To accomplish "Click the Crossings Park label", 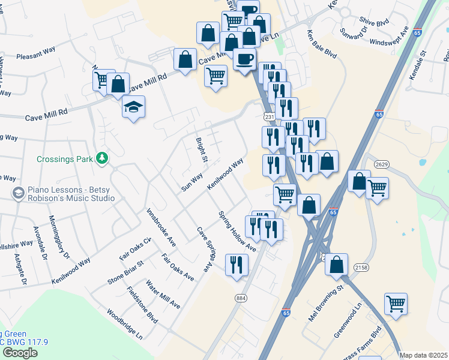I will [x=65, y=159].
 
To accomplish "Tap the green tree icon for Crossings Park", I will [x=103, y=158].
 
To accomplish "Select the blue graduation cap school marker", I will [x=134, y=107].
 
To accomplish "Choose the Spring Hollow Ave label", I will [x=237, y=231].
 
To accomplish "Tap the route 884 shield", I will [x=241, y=298].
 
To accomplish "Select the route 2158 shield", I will [x=361, y=267].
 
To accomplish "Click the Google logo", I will [x=20, y=352].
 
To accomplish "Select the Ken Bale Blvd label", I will [x=322, y=44].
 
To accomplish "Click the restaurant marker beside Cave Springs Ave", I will [x=237, y=263].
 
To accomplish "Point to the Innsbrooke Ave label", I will [x=161, y=228].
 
